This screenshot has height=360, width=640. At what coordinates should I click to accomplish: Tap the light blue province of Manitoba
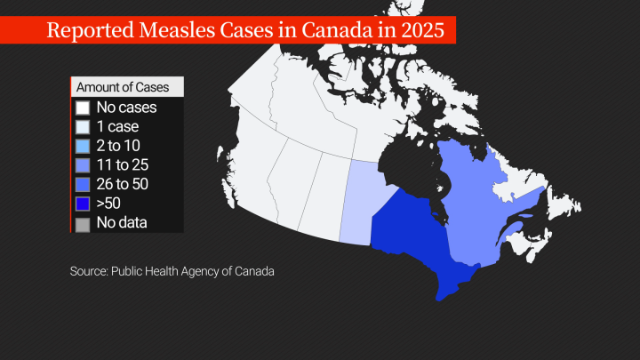pyautogui.click(x=360, y=200)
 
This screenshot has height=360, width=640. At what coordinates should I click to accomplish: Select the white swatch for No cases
pyautogui.click(x=83, y=108)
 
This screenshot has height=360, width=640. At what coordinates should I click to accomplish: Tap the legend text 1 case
pyautogui.click(x=116, y=127)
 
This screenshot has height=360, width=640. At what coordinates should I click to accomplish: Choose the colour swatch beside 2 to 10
pyautogui.click(x=83, y=146)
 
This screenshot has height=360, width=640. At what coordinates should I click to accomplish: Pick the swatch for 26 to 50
pyautogui.click(x=83, y=184)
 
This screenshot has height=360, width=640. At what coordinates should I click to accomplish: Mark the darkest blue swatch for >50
pyautogui.click(x=83, y=204)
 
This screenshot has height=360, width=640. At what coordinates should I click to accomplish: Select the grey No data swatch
pyautogui.click(x=83, y=222)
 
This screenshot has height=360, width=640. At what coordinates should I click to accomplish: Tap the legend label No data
pyautogui.click(x=122, y=222)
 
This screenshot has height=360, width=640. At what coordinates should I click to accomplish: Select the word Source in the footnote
pyautogui.click(x=88, y=270)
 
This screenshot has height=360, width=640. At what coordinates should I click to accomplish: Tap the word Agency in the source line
pyautogui.click(x=216, y=270)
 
